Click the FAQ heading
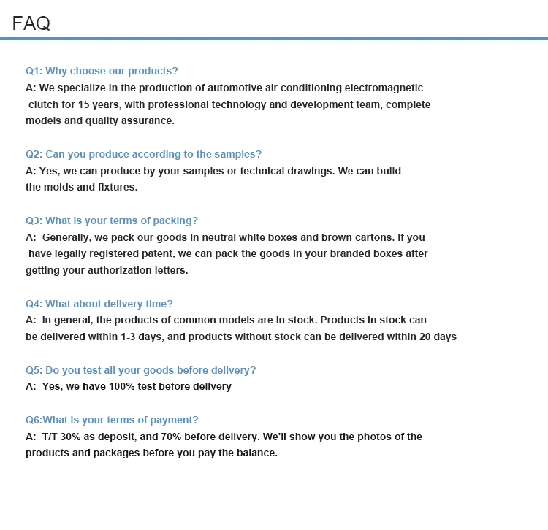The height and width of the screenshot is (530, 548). coord(31,23)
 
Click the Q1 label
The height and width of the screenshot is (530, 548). coord(34,71)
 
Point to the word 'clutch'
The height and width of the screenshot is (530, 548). coord(43,104)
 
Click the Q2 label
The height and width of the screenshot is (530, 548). coord(34,154)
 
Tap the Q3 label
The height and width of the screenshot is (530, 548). coord(34,220)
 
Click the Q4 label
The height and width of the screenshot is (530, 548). coord(34,304)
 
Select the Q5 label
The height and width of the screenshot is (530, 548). coord(34,370)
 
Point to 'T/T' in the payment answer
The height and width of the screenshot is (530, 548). coord(51,437)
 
